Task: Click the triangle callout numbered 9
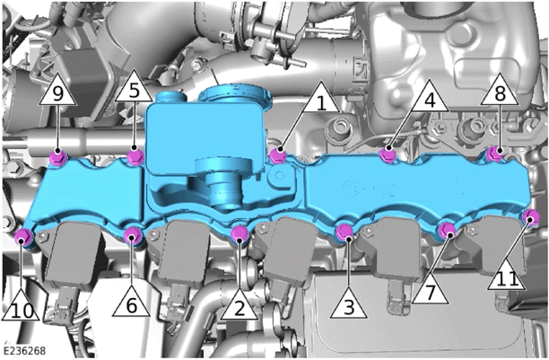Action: point(57,92)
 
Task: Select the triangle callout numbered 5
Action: point(134,89)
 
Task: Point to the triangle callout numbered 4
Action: point(430,99)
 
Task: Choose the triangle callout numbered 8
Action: point(500,92)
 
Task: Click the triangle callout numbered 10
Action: point(21,308)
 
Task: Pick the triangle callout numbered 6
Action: point(132,303)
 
